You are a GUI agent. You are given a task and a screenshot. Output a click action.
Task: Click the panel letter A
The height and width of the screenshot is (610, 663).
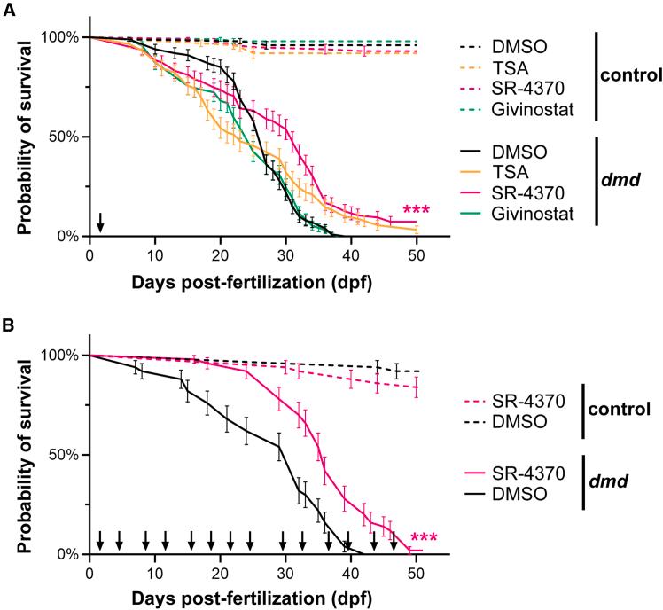click(x=7, y=8)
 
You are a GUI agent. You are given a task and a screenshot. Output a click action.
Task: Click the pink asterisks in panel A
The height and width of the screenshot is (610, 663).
click(x=417, y=211)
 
